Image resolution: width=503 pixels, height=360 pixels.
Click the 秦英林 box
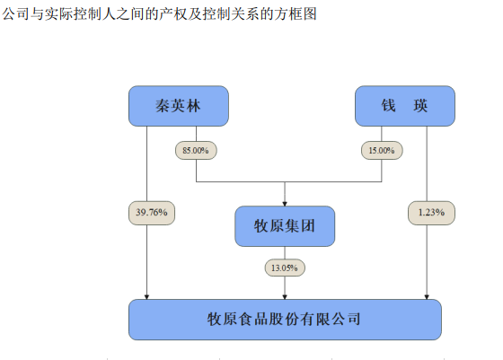click(178, 106)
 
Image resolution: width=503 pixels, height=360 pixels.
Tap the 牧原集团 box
click(285, 226)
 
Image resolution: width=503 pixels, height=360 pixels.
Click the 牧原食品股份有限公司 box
click(285, 320)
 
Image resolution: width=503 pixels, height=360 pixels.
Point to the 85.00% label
click(195, 151)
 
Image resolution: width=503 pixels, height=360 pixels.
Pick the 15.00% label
click(379, 151)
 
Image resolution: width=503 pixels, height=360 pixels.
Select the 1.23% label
click(427, 213)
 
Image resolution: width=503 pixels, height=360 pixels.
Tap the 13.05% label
click(285, 268)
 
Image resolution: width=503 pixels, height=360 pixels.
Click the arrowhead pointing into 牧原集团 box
click(285, 203)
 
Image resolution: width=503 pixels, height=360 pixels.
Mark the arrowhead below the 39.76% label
click(146, 295)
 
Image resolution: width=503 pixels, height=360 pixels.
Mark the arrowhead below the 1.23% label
click(427, 295)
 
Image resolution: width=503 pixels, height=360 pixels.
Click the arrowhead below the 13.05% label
click(285, 295)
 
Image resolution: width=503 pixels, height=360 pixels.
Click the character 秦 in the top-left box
click(159, 106)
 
